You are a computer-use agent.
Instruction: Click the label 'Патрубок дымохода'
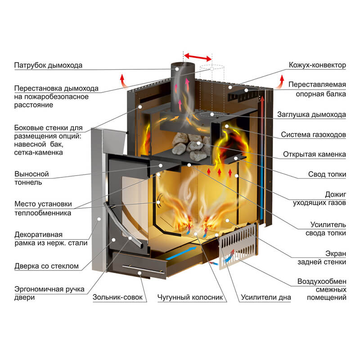pos(49,65)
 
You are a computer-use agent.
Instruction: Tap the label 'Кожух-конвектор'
pos(317,65)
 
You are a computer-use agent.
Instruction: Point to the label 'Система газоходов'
pos(313,135)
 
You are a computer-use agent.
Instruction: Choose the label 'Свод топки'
pos(327,174)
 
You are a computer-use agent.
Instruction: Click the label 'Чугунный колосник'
pos(190,297)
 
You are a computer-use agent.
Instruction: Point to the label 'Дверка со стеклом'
pos(47,266)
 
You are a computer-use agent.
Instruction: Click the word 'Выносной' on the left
pos(31,174)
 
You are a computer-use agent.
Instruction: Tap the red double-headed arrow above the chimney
pos(197,57)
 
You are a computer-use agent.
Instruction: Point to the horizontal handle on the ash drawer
pos(139,271)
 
